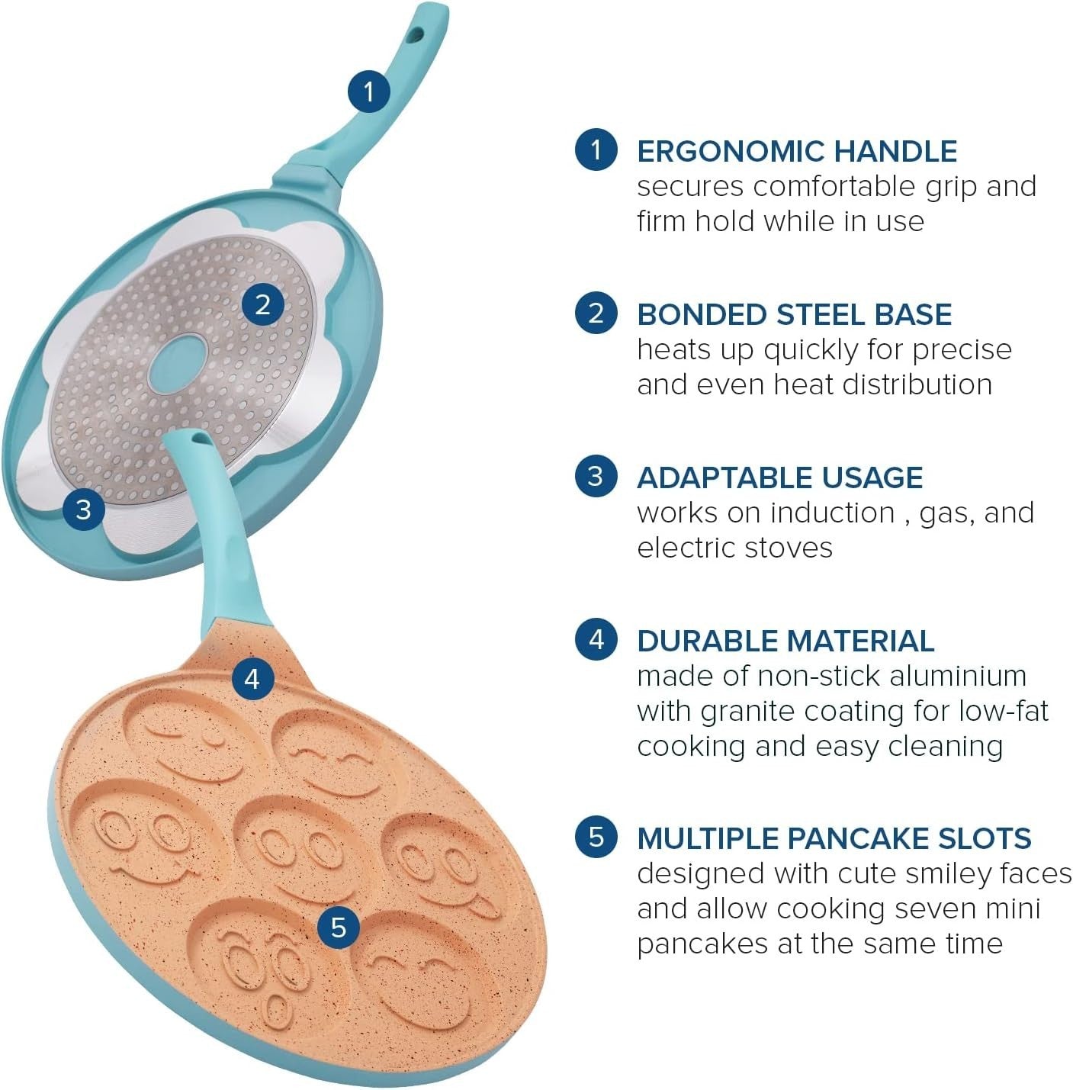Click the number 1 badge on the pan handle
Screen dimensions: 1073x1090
(369, 91)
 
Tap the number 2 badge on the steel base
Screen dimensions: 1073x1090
(263, 305)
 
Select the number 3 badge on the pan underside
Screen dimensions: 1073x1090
(84, 509)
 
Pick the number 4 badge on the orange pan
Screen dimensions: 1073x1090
(252, 677)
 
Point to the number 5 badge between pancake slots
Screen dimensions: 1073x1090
(339, 927)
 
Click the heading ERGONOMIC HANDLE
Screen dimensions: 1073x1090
(797, 152)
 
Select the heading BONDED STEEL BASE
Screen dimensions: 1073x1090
(794, 314)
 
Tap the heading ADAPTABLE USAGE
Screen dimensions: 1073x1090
(780, 477)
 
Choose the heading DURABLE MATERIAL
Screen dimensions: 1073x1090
(785, 641)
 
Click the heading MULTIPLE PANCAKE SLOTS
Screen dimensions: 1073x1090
(834, 838)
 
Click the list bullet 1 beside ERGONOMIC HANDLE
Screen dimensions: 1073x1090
(596, 150)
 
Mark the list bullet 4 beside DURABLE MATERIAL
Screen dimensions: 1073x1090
(596, 639)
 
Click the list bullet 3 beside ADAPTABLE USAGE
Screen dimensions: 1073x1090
(596, 476)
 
